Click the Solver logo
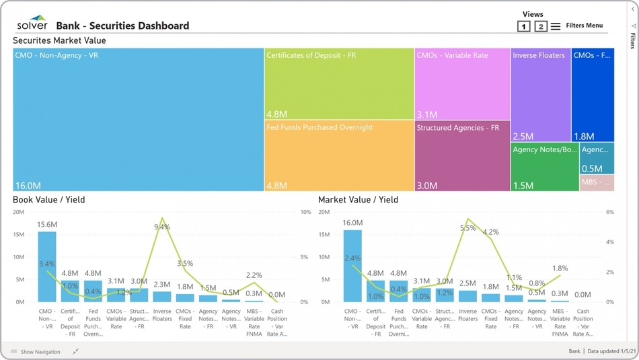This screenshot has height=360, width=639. [32, 24]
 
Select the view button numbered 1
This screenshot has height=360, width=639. [524, 26]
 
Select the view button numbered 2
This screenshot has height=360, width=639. [541, 26]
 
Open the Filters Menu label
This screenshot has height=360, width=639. [584, 26]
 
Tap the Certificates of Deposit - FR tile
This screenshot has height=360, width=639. [339, 84]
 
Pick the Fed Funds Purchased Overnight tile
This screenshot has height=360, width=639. [339, 155]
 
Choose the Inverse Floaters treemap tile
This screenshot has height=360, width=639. [541, 95]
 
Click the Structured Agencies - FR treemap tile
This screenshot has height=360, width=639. [462, 155]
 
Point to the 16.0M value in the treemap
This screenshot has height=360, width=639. [28, 186]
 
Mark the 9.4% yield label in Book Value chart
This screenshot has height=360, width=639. [162, 227]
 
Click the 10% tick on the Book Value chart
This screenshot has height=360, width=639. [305, 212]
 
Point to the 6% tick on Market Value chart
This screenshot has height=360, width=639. [610, 212]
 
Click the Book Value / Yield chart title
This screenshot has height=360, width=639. [49, 200]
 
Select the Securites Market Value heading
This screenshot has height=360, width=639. [59, 40]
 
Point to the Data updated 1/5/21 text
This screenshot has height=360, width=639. [608, 351]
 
